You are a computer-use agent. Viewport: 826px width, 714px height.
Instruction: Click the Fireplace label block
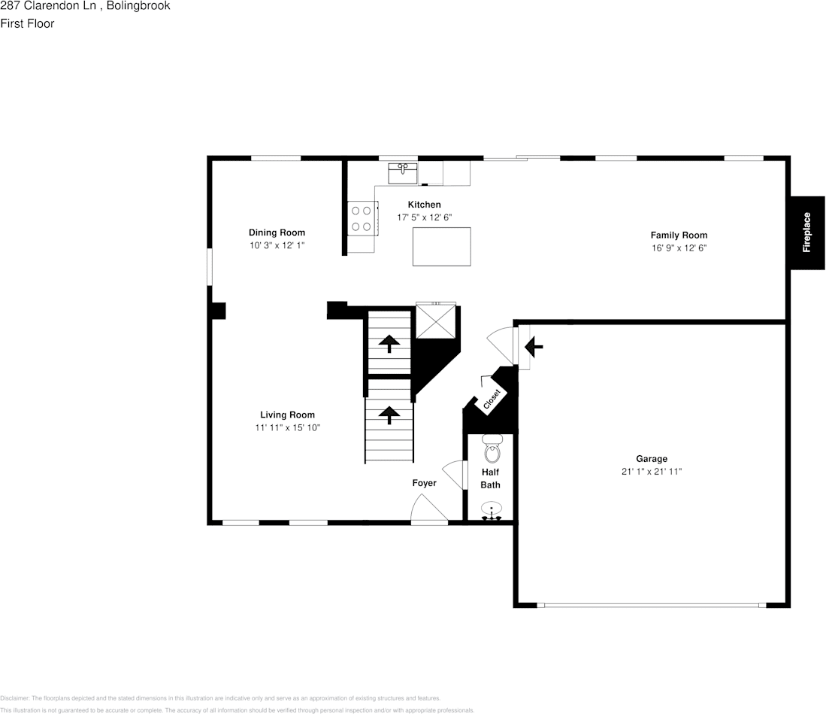806,232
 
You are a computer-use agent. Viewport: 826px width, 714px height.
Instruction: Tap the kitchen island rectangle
441,247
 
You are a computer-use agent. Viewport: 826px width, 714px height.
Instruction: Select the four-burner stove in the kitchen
361,219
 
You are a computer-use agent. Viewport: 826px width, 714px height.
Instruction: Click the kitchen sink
403,173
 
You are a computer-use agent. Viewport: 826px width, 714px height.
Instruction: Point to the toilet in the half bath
492,449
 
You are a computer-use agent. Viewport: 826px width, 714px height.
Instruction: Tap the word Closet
492,400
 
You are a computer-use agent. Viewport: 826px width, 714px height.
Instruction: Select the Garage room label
651,459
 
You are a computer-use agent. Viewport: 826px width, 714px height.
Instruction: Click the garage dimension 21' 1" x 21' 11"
651,472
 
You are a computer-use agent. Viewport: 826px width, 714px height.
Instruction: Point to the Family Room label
679,235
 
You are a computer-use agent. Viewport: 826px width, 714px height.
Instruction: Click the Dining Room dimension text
277,245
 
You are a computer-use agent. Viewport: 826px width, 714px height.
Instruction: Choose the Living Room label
287,415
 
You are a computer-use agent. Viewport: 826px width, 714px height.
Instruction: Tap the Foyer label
424,483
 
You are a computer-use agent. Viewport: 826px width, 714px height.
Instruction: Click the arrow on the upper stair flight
389,344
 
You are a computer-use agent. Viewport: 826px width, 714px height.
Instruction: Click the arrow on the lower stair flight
389,415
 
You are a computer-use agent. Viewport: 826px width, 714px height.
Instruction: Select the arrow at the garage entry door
534,347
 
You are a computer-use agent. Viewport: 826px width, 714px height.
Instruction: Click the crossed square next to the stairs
436,321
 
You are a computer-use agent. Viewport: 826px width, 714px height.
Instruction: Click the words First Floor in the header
27,23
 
